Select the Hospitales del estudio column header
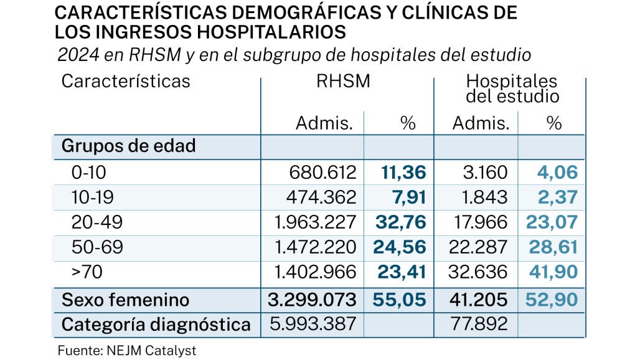point(512,89)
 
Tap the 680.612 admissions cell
point(323,173)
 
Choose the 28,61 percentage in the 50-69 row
point(552,248)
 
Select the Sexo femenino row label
point(125,300)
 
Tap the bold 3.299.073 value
point(312,300)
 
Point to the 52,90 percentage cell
point(552,300)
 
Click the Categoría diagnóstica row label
point(156,324)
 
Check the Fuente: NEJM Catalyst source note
point(127,351)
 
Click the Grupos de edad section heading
point(128,146)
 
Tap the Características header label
point(126,82)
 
